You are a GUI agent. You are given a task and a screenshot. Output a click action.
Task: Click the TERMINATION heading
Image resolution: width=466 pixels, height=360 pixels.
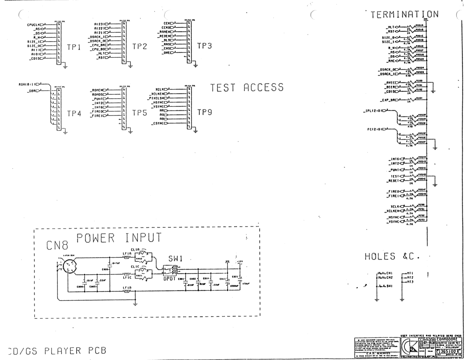(x=404, y=14)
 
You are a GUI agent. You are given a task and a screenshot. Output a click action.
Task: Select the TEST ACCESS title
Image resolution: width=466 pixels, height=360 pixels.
(x=247, y=88)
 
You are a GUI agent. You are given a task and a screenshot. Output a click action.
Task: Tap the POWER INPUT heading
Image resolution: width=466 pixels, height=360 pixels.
(x=119, y=238)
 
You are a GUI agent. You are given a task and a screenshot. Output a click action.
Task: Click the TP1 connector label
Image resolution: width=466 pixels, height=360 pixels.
(x=74, y=47)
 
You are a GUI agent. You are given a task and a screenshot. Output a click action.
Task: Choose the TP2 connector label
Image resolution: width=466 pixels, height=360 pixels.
(x=140, y=47)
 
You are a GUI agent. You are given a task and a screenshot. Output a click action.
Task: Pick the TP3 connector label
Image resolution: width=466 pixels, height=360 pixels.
(x=204, y=46)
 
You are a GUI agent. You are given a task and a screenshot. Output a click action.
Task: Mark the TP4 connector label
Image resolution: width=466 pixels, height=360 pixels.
(x=74, y=114)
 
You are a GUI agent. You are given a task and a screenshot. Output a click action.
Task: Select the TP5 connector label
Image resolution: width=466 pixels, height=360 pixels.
(x=140, y=113)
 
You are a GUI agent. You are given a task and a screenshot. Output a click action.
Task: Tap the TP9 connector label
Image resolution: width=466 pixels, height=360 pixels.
(x=204, y=112)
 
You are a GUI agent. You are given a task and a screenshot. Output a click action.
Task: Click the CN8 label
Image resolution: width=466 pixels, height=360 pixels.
(x=57, y=246)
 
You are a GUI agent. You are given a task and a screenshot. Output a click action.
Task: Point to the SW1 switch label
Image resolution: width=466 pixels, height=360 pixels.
(x=176, y=259)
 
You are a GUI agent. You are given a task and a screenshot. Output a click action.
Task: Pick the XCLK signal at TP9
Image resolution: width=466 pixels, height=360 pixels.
(x=160, y=89)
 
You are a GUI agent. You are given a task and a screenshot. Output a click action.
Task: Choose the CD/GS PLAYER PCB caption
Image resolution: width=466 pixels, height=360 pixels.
(x=56, y=351)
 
